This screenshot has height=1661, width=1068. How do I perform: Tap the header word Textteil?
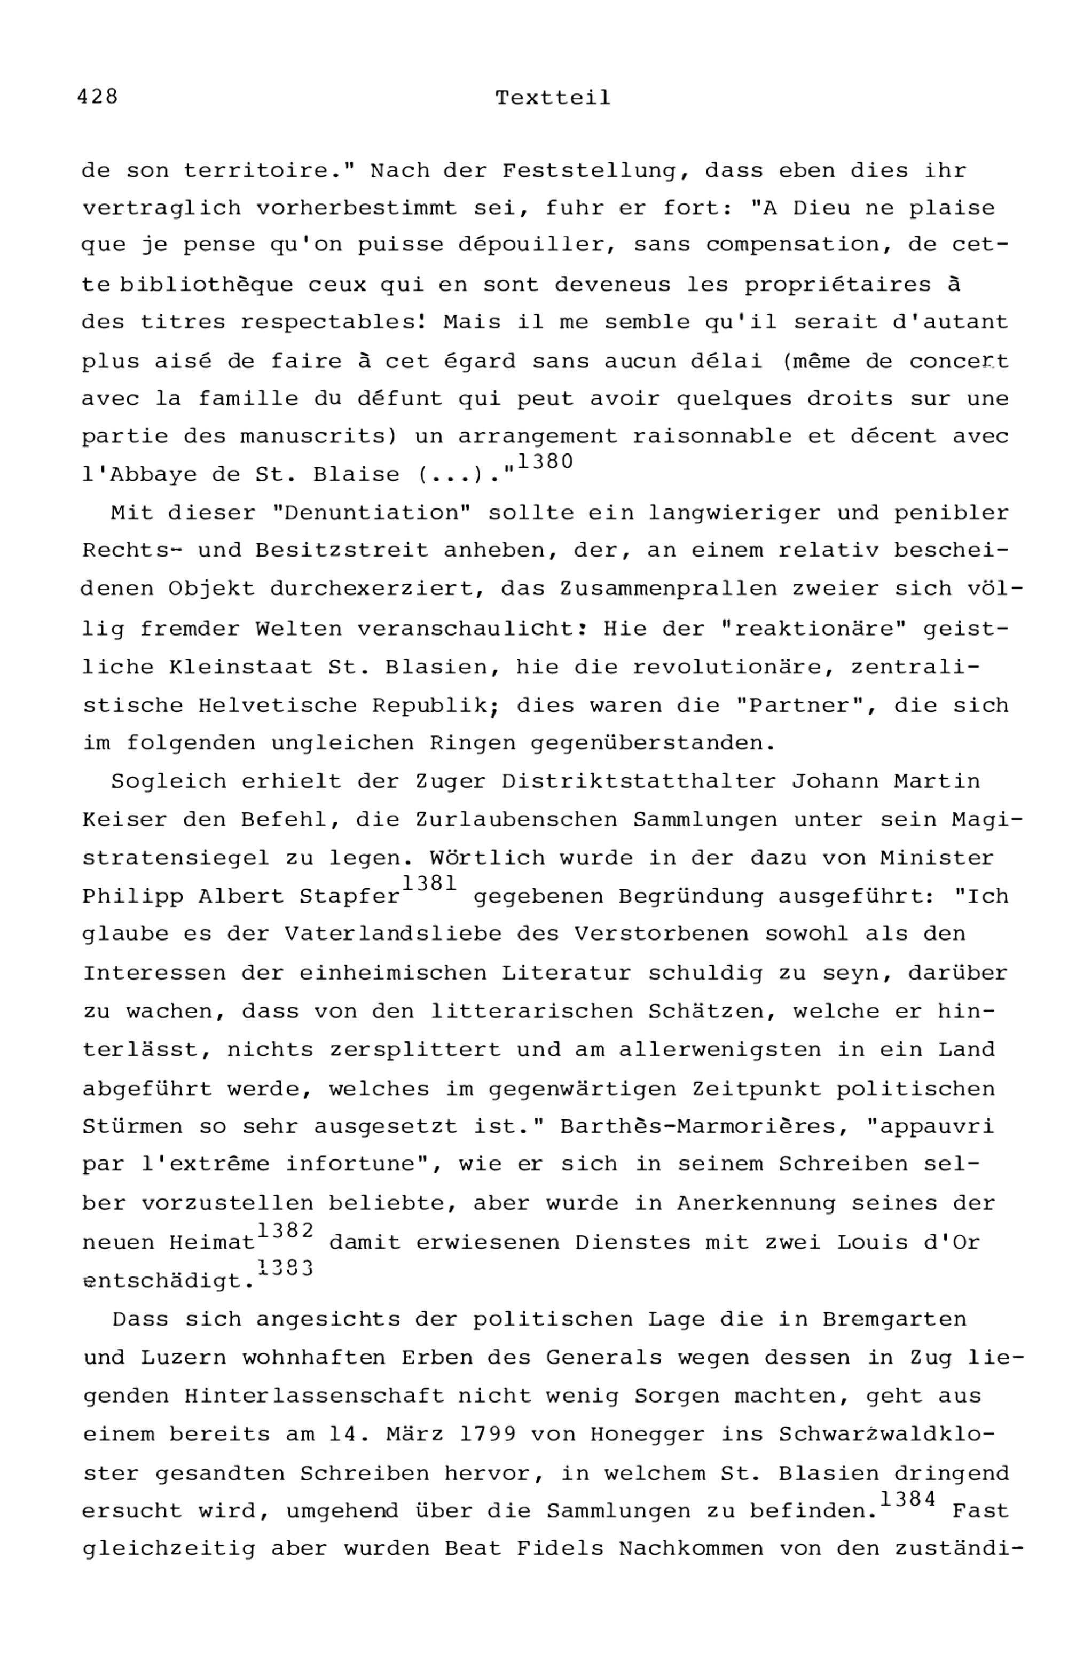click(553, 98)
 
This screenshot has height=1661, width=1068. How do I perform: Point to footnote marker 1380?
click(545, 462)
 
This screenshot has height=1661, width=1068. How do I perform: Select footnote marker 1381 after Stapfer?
click(429, 883)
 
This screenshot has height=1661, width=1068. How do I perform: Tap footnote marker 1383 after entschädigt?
click(285, 1268)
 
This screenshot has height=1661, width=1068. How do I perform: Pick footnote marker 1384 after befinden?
click(908, 1499)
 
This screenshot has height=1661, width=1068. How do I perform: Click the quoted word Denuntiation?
click(372, 513)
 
